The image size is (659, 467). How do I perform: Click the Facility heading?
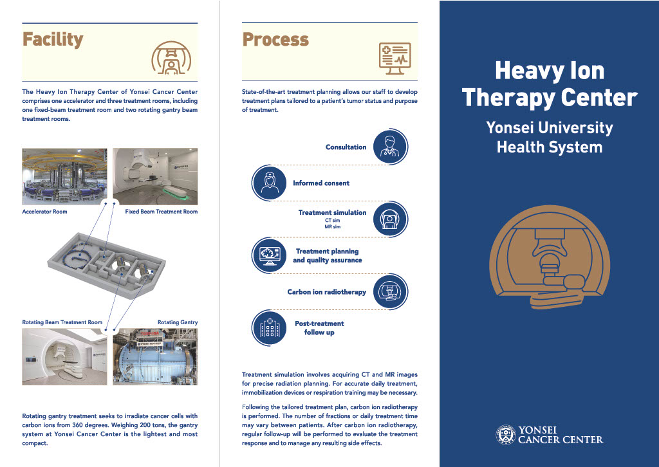tap(53, 40)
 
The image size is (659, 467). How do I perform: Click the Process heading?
tap(275, 39)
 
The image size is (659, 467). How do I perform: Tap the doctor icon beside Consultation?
tap(391, 147)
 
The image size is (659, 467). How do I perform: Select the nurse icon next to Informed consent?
tap(269, 183)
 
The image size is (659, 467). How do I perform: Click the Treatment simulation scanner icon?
tap(391, 219)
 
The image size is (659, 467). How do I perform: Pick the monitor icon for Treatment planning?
tap(269, 255)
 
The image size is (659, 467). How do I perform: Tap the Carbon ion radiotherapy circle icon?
tap(391, 291)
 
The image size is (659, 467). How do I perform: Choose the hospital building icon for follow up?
tap(269, 328)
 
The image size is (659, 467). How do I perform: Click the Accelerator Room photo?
tap(64, 176)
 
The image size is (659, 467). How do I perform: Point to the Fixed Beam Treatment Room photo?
tap(155, 176)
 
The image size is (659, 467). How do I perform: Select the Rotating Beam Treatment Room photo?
tap(64, 357)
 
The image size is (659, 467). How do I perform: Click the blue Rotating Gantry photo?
tap(155, 357)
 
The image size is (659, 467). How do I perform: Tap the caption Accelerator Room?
tap(44, 212)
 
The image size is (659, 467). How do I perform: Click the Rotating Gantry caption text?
tap(178, 322)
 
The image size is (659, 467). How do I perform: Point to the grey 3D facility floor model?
tap(106, 265)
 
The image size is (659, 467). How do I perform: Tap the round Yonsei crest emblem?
tap(506, 435)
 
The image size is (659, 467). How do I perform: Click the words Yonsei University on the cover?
tap(550, 127)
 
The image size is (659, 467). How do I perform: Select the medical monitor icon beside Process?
tap(394, 59)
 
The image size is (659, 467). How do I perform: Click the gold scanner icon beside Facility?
tap(171, 58)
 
